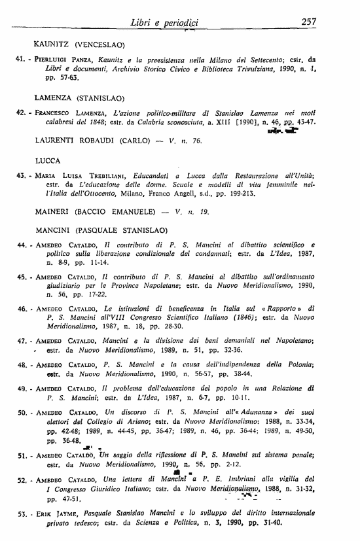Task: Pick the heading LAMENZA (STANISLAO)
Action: pyautogui.click(x=79, y=98)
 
